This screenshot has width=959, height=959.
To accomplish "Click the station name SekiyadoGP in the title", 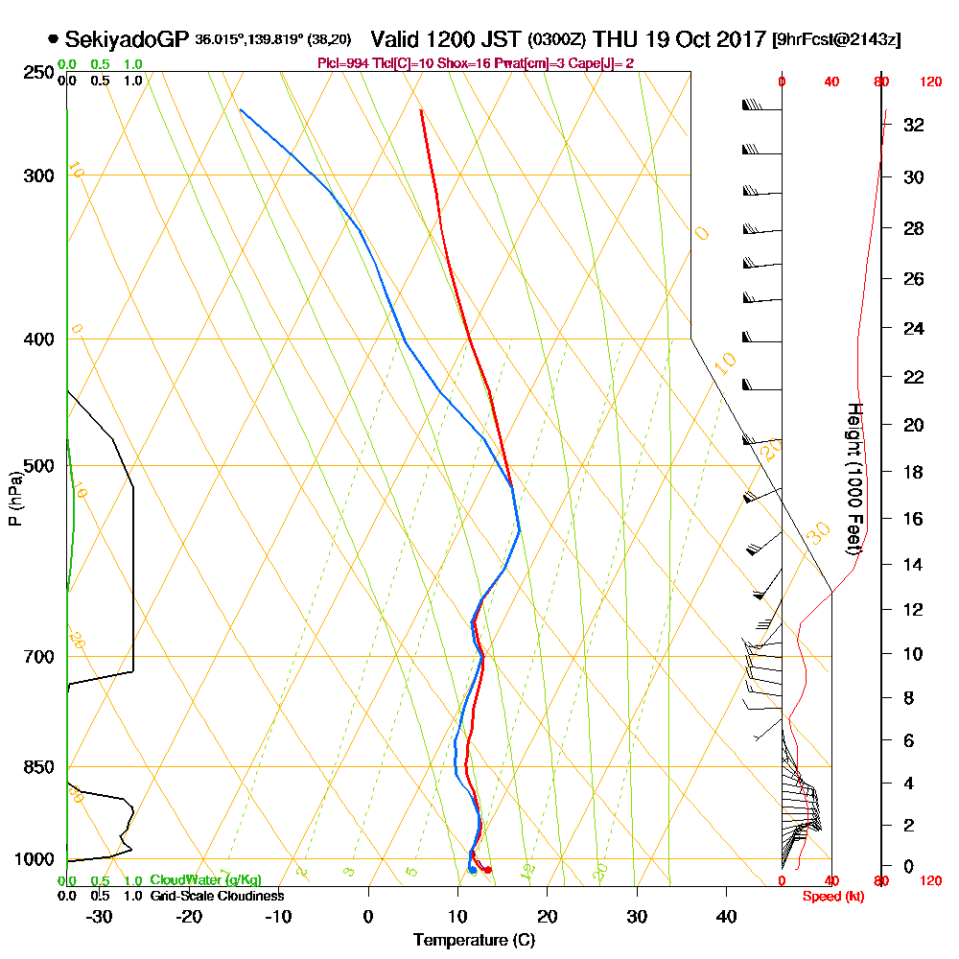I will coord(127,39).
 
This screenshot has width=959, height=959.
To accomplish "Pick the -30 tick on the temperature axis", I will coord(100,916).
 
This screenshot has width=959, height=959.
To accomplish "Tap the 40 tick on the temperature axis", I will coord(726,916).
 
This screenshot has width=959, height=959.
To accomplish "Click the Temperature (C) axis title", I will coord(474,940).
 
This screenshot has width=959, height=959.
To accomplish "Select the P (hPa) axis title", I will coord(14,499).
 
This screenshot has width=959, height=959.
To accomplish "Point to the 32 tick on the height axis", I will coord(913,125).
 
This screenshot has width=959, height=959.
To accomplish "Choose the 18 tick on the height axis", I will coord(913,472).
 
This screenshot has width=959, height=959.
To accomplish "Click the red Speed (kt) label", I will coord(830,897).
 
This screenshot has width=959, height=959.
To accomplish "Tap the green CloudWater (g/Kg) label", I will coord(205,880).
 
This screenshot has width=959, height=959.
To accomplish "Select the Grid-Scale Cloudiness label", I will coord(217,896).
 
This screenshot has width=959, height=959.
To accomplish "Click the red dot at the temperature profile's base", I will coord(488,870).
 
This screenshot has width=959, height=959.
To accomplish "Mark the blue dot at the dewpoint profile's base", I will coord(472,870).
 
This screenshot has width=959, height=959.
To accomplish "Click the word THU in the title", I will coord(615,39).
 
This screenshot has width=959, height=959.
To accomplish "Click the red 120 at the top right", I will coord(929,82).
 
